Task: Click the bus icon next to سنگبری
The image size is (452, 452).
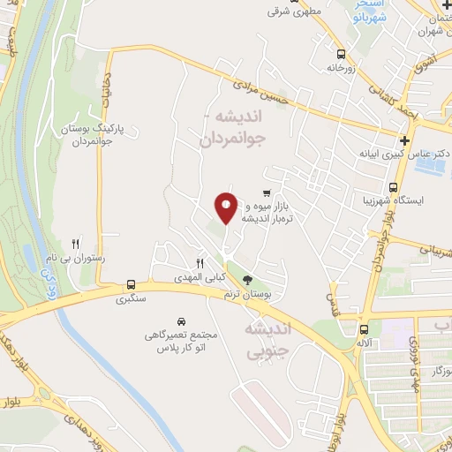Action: click(131, 284)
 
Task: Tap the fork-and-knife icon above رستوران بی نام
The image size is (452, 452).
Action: click(76, 244)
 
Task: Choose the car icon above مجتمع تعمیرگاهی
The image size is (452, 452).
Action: click(181, 320)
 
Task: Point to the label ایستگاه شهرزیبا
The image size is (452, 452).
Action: click(419, 200)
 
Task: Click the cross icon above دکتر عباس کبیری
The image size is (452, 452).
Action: click(404, 140)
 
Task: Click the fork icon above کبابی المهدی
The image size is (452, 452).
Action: click(200, 263)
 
